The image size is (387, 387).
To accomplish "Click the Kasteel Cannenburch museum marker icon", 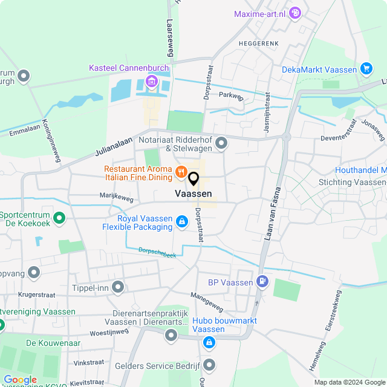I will point(151,81).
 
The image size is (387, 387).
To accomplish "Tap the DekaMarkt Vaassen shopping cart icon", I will point(366,69).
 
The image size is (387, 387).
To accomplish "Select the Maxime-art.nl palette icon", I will point(295,12).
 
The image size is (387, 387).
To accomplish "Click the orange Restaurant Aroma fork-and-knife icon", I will point(180,173).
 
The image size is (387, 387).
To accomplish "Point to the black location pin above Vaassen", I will point(193,179).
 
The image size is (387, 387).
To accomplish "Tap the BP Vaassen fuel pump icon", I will point(262,281).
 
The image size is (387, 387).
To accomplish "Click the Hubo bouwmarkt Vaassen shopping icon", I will point(209,343).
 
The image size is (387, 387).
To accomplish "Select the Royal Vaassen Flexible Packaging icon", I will point(181,223).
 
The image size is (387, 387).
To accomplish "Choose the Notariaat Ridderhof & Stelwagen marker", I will point(221,143).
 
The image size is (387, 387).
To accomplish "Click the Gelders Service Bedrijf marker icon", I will point(209,365).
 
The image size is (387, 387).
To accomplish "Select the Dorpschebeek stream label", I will point(157,252).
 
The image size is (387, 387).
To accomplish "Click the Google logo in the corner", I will point(20,379).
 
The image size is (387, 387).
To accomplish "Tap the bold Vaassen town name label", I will point(193,193).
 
